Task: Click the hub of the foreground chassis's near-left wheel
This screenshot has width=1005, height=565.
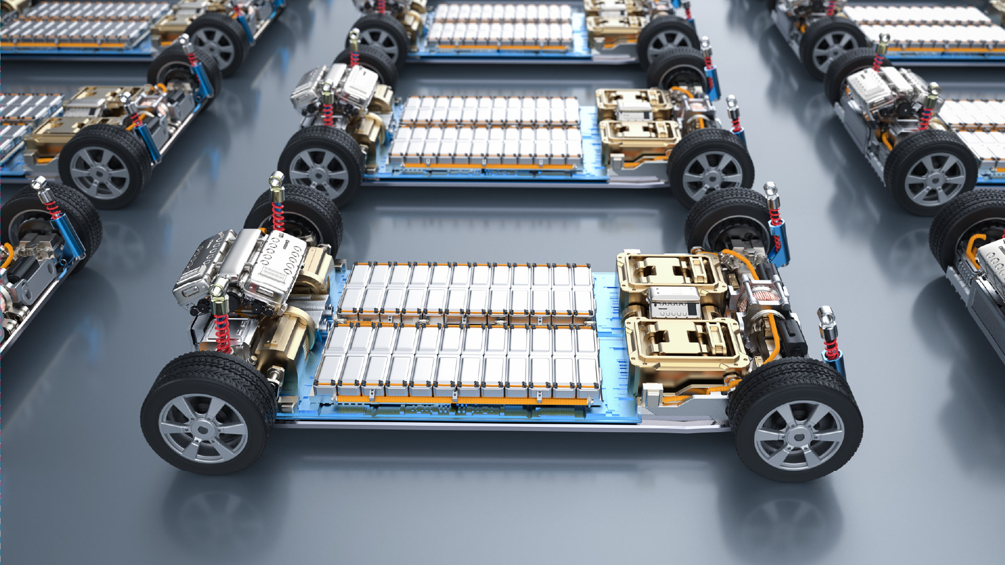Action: pyautogui.click(x=203, y=428)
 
